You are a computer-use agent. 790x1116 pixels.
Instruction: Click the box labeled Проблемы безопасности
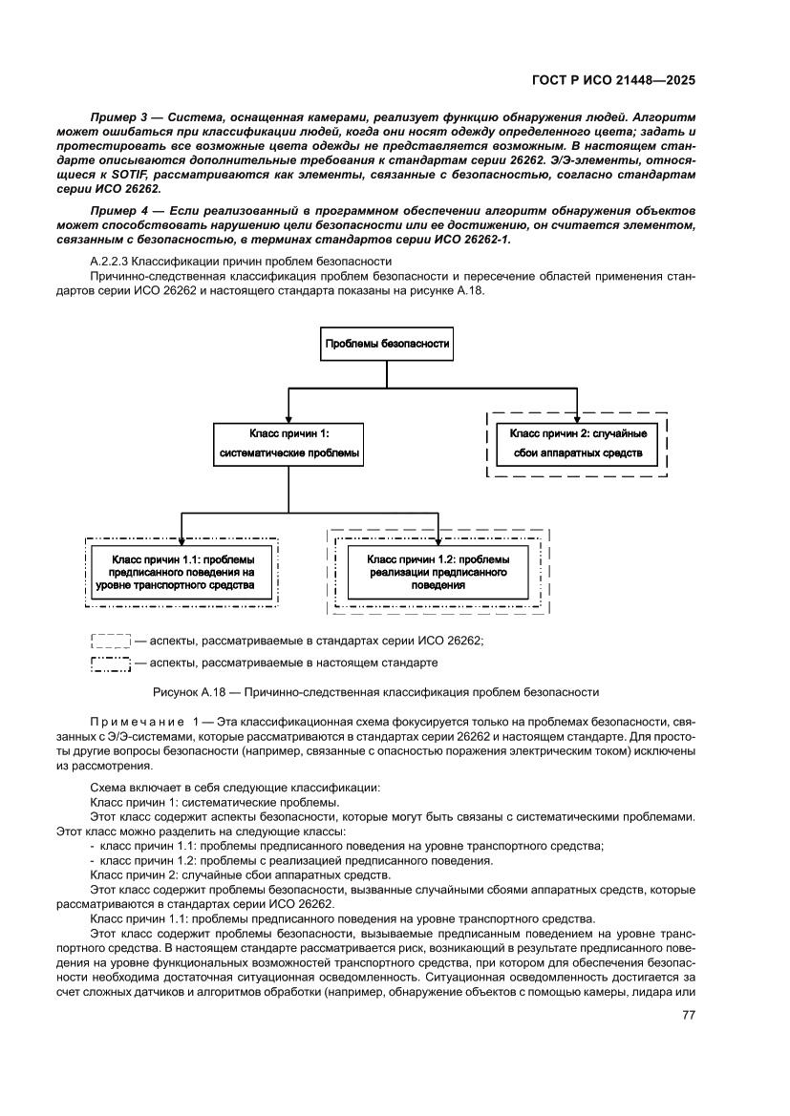coord(386,344)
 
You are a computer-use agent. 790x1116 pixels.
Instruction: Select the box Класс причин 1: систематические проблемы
coord(288,443)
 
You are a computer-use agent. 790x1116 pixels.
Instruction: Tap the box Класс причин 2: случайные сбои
coord(577,443)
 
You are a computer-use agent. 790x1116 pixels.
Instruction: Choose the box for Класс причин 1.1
coord(181,571)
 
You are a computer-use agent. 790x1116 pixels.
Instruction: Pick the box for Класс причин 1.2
coord(438,571)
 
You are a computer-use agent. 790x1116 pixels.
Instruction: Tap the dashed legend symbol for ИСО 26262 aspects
coord(110,642)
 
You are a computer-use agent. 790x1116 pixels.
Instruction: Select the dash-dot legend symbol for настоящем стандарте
coord(110,663)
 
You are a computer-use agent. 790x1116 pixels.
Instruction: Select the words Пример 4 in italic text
coord(115,209)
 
